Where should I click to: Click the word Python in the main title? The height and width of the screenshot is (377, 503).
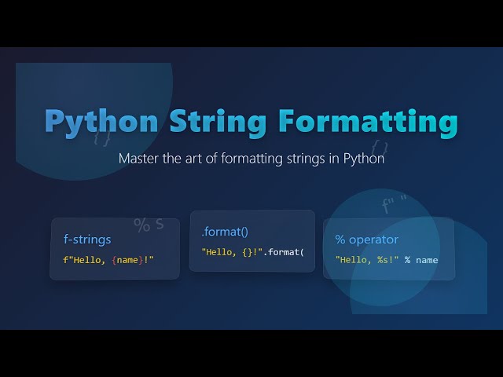pos(100,122)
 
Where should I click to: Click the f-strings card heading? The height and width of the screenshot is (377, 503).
pos(87,239)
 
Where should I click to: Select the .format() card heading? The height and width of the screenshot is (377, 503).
pos(225,232)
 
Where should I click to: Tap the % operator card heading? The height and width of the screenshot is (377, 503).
pos(367,239)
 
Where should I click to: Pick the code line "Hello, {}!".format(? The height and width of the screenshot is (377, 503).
pos(252,252)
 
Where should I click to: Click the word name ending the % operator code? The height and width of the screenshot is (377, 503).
pos(427,259)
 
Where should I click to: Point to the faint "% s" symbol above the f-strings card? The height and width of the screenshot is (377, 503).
pos(149,225)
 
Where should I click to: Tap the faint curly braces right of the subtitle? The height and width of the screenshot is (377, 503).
pos(380,146)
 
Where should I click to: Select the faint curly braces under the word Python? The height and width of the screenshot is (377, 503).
pos(102,138)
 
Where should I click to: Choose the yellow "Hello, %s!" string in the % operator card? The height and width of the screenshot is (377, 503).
pos(368,259)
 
